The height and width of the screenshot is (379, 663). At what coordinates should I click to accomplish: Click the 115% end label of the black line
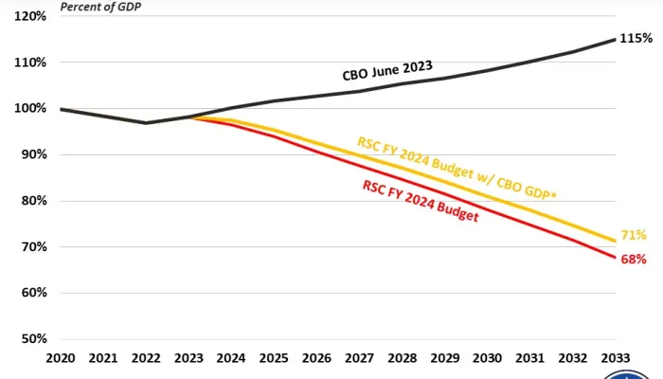click(x=636, y=39)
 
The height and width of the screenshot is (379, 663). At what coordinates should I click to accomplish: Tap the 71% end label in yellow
click(x=634, y=234)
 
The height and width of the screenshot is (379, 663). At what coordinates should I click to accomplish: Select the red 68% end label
click(x=634, y=259)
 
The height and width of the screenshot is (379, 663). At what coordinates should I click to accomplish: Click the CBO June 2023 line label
click(x=387, y=71)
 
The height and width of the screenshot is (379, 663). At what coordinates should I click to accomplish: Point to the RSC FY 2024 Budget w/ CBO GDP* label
click(x=457, y=169)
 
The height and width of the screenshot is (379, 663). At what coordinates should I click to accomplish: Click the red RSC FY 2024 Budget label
click(x=420, y=200)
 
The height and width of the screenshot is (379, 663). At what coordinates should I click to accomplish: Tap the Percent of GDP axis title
click(x=95, y=6)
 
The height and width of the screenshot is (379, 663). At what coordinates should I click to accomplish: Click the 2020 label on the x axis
click(x=61, y=359)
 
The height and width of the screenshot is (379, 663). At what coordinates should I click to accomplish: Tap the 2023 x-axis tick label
click(x=189, y=359)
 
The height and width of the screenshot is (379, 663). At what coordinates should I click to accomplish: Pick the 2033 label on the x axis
click(x=616, y=359)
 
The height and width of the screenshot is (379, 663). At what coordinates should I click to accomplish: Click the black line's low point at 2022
click(x=146, y=122)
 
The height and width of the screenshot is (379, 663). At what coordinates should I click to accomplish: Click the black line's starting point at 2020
click(x=61, y=109)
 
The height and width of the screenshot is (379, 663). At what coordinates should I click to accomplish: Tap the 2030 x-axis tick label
click(x=488, y=359)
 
